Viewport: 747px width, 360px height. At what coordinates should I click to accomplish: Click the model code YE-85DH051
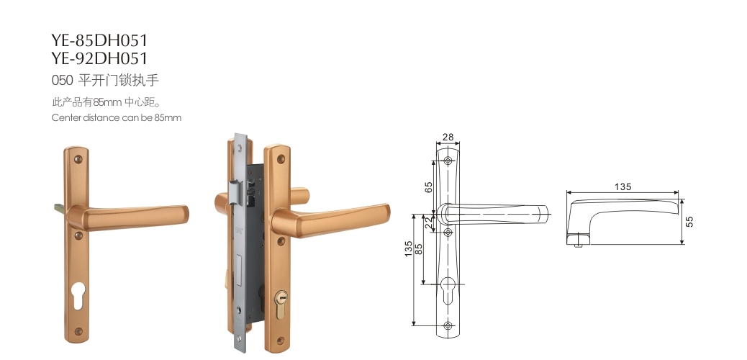point(99,40)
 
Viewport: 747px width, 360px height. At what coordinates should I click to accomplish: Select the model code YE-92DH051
point(99,58)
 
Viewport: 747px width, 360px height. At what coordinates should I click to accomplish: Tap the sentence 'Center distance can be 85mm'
point(117,117)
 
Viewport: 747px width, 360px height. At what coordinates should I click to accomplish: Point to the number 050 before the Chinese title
point(62,80)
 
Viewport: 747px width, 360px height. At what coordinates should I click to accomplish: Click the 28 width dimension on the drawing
point(448,138)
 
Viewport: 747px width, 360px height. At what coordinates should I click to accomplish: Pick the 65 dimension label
point(428,187)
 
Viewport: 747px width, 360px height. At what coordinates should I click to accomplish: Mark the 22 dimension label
point(428,222)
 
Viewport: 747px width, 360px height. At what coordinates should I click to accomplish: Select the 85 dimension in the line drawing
point(419,249)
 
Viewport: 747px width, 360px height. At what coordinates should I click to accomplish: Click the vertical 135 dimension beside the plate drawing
point(408,249)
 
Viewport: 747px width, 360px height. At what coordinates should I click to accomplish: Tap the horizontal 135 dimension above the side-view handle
point(622,186)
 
